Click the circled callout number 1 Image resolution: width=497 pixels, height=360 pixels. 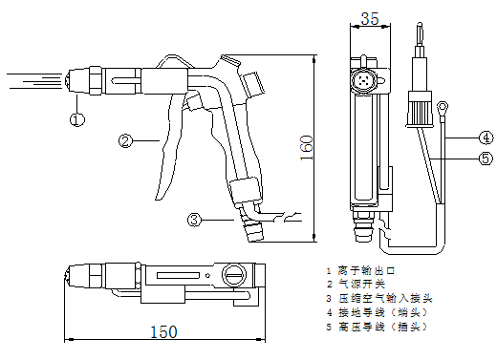point(77,119)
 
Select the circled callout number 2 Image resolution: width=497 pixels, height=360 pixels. point(124,141)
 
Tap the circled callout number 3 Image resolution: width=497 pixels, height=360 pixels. point(194,220)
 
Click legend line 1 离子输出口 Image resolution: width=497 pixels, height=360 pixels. point(362,272)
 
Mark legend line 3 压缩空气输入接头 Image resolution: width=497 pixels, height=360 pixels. point(373,299)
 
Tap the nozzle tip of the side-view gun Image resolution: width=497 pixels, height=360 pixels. point(72,80)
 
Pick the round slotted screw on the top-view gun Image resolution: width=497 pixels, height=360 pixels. point(232,277)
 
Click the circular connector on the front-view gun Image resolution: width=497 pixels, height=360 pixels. point(363,77)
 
